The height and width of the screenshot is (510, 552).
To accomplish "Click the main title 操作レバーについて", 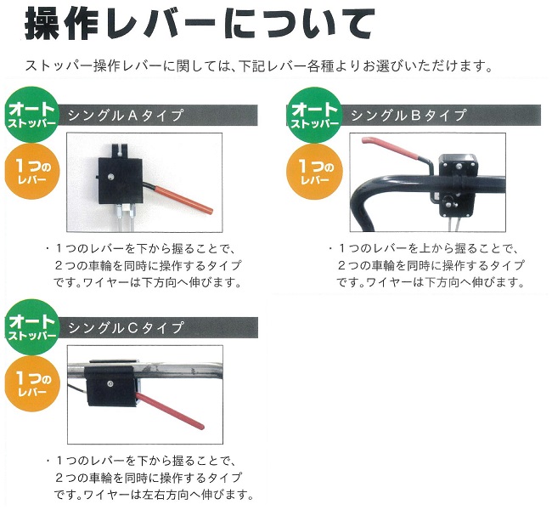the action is [x=200, y=23].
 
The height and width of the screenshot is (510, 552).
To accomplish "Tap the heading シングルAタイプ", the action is [x=126, y=116].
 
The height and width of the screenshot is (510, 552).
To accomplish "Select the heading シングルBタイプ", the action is [x=408, y=116].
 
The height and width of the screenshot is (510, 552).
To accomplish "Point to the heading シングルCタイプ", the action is [x=126, y=328].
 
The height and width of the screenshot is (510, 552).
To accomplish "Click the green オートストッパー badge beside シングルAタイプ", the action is [x=31, y=115].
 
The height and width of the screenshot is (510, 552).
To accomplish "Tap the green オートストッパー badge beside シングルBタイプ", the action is [x=314, y=115].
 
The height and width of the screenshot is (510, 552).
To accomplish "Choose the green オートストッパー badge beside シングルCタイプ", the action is [x=31, y=327].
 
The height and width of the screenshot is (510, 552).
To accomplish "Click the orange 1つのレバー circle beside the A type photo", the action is [x=32, y=172].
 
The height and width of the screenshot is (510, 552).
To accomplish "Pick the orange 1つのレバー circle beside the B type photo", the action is [x=315, y=172].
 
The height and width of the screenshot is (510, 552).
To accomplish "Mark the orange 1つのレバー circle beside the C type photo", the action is [x=32, y=384].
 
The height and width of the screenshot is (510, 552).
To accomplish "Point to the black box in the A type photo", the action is [x=121, y=181].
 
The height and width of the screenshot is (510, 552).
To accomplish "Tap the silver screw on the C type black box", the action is [x=111, y=383].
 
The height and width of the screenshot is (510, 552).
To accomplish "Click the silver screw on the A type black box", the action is [x=111, y=176].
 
